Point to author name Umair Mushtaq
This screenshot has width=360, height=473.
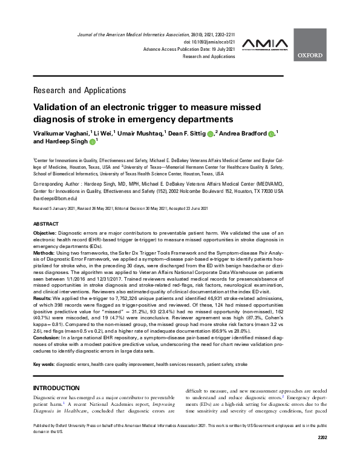click(139, 132)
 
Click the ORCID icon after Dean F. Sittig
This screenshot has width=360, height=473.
click(210, 133)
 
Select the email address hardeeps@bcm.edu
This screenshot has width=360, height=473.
click(55, 198)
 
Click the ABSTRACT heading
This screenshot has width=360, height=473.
click(46, 224)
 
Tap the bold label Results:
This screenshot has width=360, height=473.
click(43, 298)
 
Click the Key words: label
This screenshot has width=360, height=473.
click(43, 364)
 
